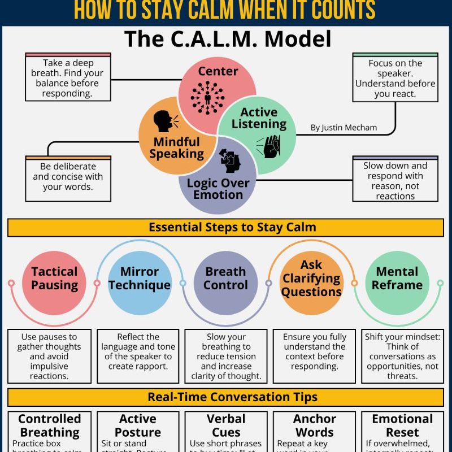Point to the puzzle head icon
229,162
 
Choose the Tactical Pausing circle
54,279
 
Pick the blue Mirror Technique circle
139,279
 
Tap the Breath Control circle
225,279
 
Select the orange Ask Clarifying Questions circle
311,279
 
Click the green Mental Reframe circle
397,279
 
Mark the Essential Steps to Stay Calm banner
225,228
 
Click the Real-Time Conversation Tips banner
225,397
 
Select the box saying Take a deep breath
67,78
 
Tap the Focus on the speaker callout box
395,79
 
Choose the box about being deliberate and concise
67,176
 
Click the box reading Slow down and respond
395,180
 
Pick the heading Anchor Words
314,425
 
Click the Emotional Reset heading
402,425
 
